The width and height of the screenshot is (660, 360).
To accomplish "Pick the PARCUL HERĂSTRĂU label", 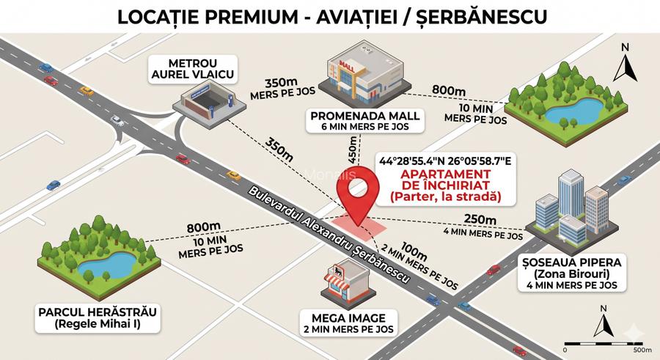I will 98,311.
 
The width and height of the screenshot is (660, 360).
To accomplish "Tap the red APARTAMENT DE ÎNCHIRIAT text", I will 445,180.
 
